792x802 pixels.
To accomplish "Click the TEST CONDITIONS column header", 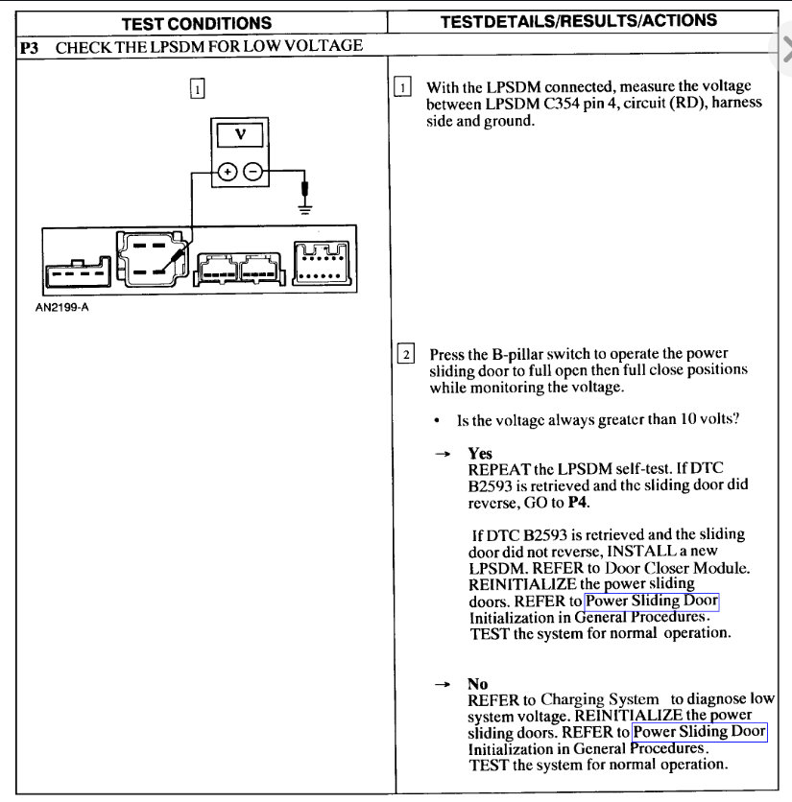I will [x=196, y=23].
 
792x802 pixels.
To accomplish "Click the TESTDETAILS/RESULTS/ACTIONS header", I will [x=578, y=21].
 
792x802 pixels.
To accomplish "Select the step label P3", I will [x=30, y=46].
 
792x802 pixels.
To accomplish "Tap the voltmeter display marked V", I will [x=240, y=136].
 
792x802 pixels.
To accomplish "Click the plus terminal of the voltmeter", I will [x=228, y=173].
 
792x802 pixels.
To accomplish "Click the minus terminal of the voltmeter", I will [x=252, y=173].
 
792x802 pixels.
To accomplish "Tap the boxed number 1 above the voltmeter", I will [x=197, y=88].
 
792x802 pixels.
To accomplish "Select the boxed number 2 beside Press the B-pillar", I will [x=406, y=354].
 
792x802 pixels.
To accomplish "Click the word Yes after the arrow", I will [x=480, y=453].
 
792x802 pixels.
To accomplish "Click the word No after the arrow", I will [x=478, y=684].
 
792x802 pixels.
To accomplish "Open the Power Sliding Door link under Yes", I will [x=652, y=601].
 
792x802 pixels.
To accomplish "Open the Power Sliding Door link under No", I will [x=700, y=732].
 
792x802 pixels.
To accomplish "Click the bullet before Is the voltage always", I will [x=437, y=421].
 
